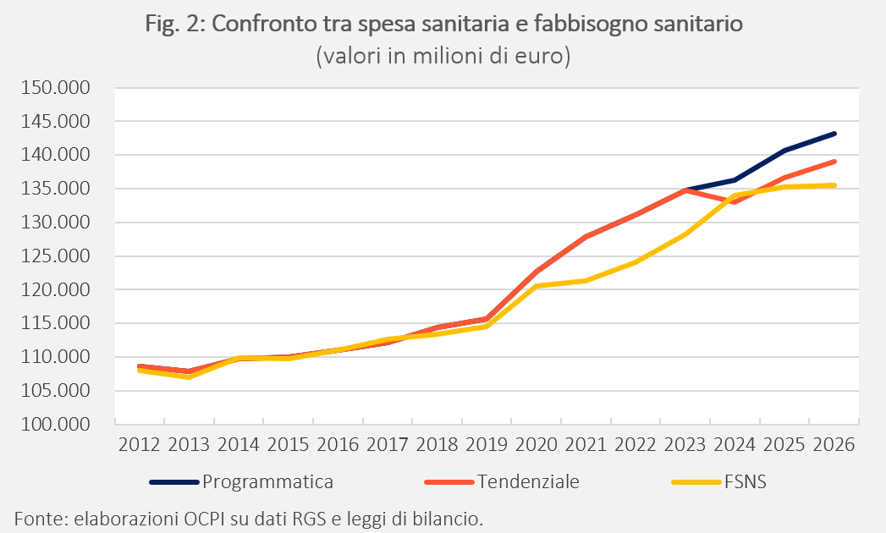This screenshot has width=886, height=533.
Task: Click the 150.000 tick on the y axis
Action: [x=55, y=88]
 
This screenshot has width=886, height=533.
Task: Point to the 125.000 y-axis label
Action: [x=55, y=256]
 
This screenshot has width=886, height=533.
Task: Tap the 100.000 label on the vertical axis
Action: [x=55, y=424]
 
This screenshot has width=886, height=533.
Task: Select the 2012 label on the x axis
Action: [x=140, y=445]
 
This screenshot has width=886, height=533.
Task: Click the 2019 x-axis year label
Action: [x=487, y=445]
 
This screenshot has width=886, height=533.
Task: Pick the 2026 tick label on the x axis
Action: [x=834, y=445]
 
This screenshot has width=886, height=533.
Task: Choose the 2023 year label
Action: [x=685, y=445]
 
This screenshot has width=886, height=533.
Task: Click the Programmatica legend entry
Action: [x=242, y=482]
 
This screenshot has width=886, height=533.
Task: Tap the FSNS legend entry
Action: [x=719, y=482]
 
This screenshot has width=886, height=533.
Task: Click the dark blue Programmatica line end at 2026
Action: [x=834, y=134]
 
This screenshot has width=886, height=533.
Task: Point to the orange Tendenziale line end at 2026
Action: [x=834, y=162]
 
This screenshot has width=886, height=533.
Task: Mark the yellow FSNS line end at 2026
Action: [x=834, y=184]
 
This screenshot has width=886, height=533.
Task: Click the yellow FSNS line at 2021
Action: [x=586, y=280]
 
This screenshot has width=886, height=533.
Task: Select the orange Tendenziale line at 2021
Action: [x=586, y=237]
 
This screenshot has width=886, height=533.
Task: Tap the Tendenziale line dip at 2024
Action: [x=734, y=202]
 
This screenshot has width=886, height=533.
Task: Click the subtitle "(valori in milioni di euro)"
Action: [x=443, y=56]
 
